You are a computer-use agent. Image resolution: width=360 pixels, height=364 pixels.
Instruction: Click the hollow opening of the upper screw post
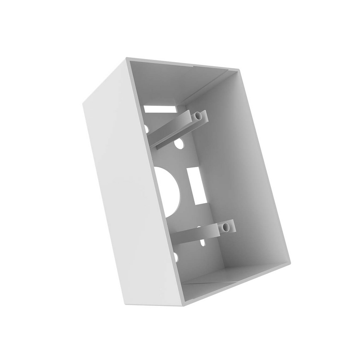[198, 116]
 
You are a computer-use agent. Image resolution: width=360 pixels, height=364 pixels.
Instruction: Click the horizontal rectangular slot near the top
[160, 108]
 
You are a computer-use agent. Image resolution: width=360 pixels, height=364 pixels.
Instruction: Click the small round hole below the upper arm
[180, 146]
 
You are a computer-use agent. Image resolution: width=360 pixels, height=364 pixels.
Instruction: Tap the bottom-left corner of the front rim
[184, 305]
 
